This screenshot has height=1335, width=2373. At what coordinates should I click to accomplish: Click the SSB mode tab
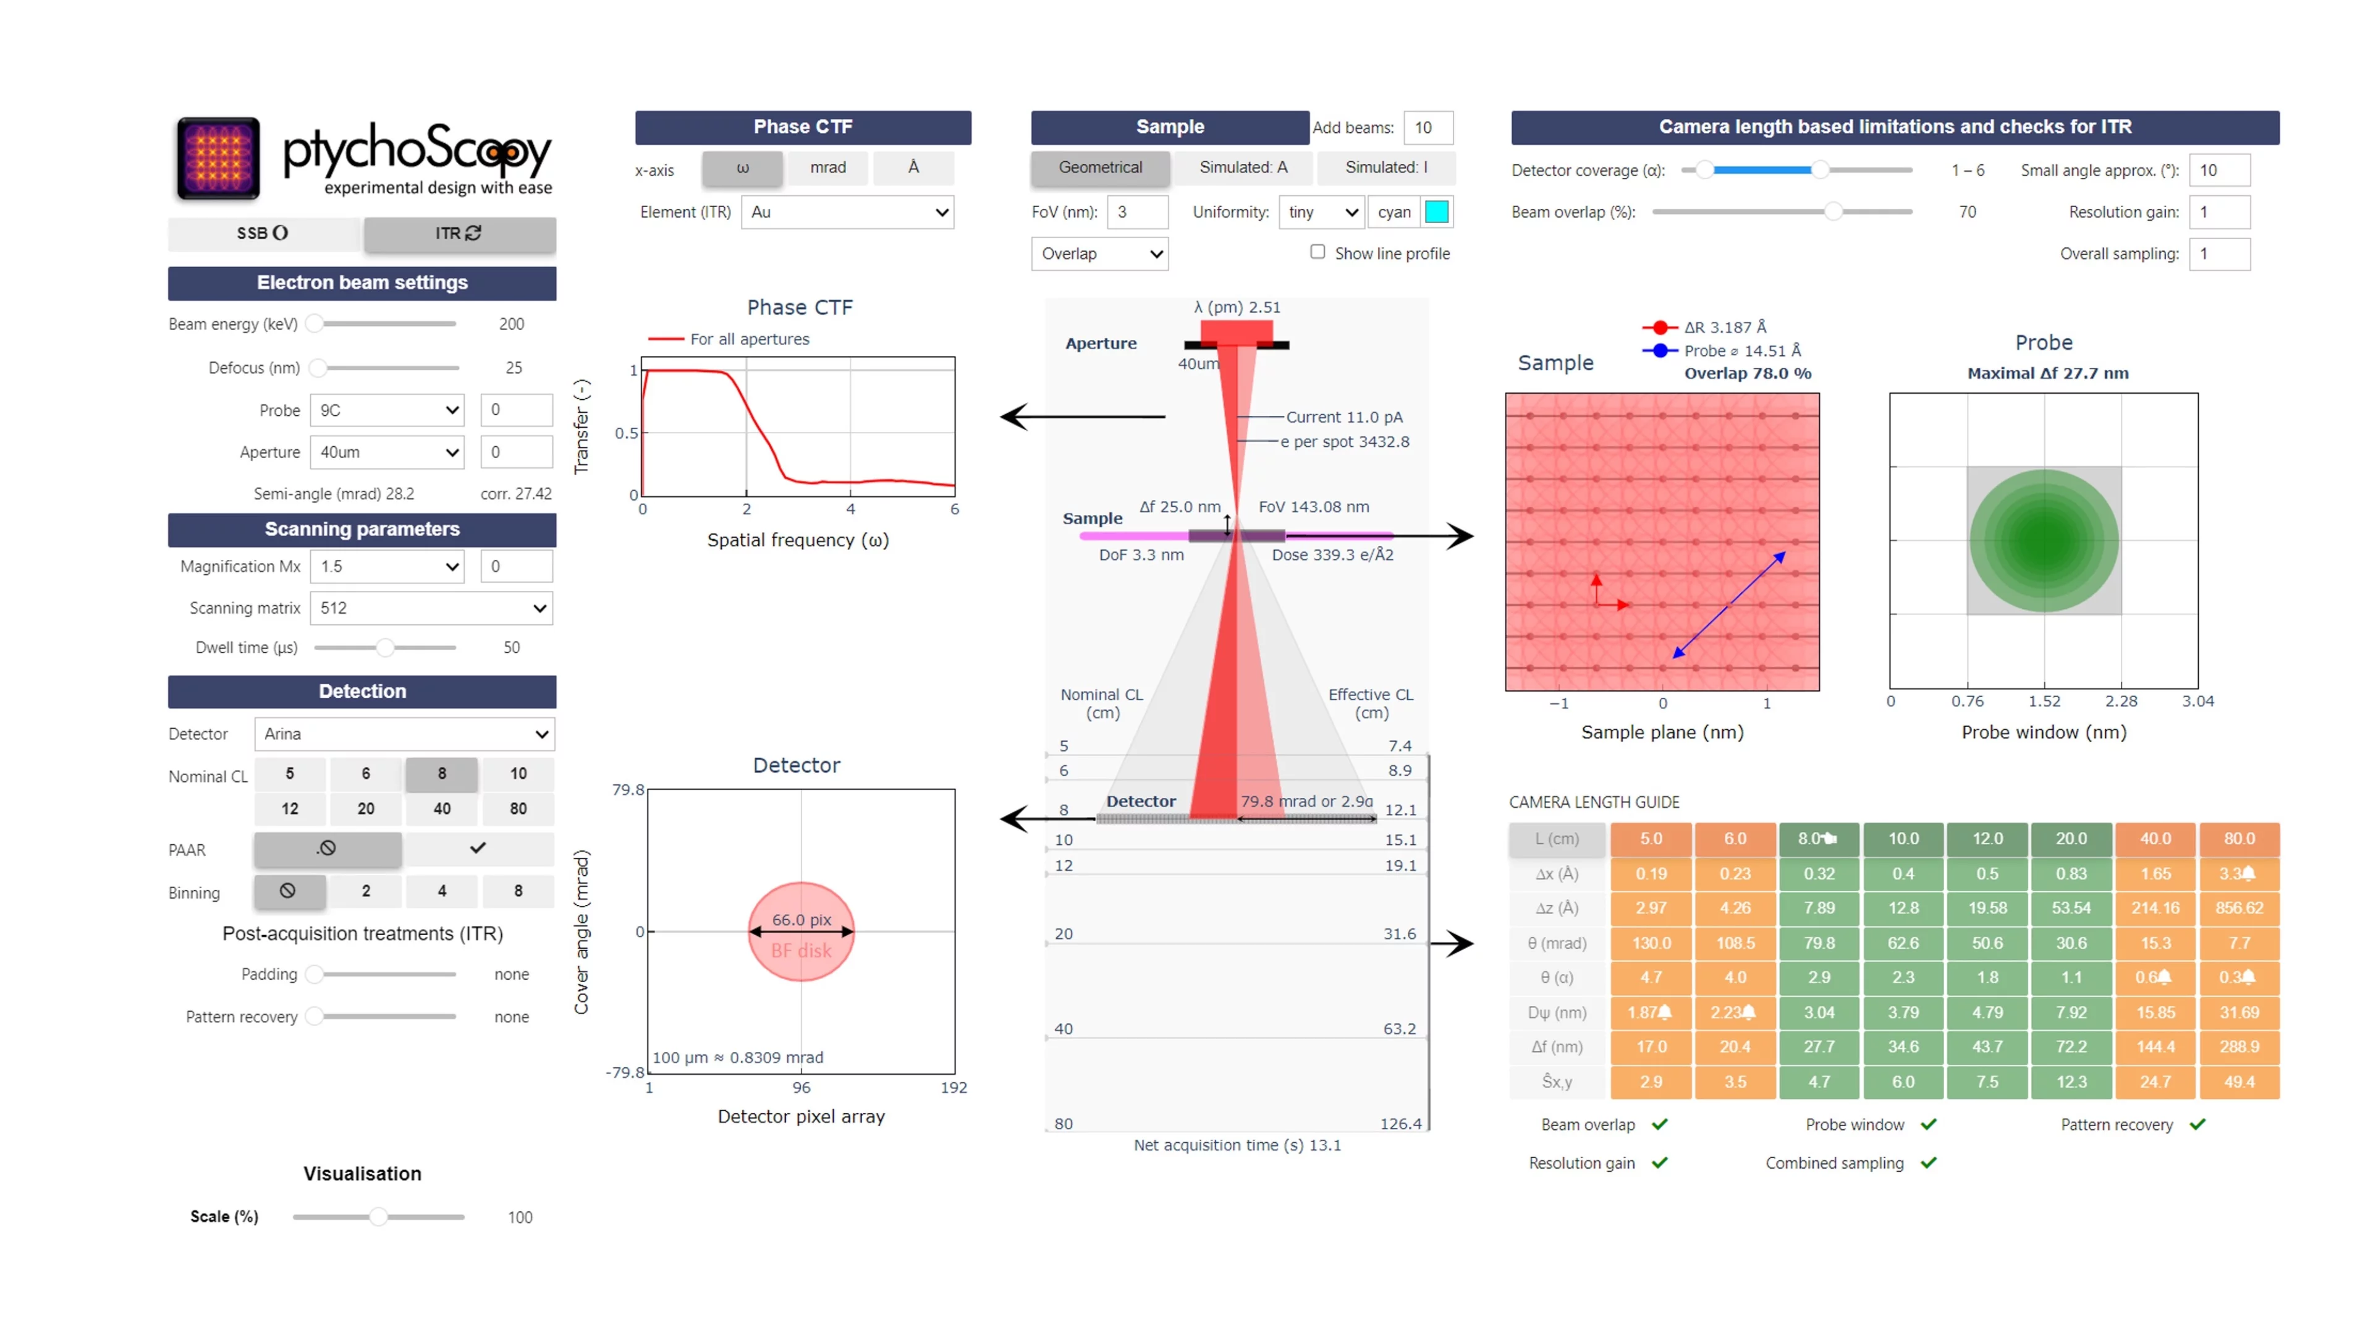(x=263, y=233)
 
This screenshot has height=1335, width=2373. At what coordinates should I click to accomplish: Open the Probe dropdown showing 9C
(x=386, y=410)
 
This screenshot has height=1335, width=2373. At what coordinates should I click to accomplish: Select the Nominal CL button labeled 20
(x=366, y=808)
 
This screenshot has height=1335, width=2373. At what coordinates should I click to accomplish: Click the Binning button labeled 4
(x=442, y=891)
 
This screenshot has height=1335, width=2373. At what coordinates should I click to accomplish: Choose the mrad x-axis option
(x=827, y=167)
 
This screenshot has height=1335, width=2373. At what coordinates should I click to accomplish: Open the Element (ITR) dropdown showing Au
(x=847, y=212)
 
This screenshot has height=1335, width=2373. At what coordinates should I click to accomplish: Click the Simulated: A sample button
(x=1243, y=167)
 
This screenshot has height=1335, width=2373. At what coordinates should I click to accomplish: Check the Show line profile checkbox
(x=1318, y=252)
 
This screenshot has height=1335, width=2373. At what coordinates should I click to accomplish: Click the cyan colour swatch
(x=1436, y=212)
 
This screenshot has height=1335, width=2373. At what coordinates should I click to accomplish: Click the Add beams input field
(x=1427, y=127)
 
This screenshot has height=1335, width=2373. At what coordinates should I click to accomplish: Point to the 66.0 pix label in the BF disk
(x=800, y=920)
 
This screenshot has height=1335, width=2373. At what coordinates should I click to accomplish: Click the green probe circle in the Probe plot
(x=2043, y=541)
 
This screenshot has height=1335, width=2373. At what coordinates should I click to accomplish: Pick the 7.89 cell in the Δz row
(x=1819, y=907)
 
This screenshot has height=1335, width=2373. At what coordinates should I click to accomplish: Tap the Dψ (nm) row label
(x=1557, y=1012)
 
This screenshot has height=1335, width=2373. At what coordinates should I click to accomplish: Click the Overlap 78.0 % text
(x=1748, y=373)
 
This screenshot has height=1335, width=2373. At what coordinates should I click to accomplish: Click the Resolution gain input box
(x=2219, y=212)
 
